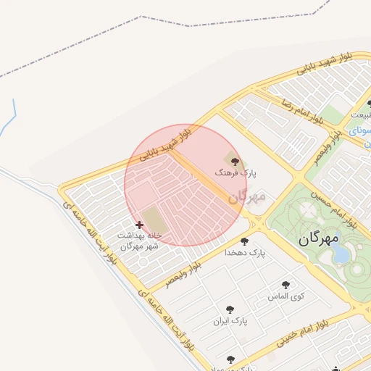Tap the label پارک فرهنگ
pyautogui.click(x=235, y=174)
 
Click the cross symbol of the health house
pyautogui.click(x=139, y=225)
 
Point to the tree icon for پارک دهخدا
pyautogui.click(x=244, y=241)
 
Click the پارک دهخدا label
pyautogui.click(x=245, y=253)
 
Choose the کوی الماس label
pyautogui.click(x=285, y=297)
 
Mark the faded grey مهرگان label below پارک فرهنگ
pyautogui.click(x=246, y=196)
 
